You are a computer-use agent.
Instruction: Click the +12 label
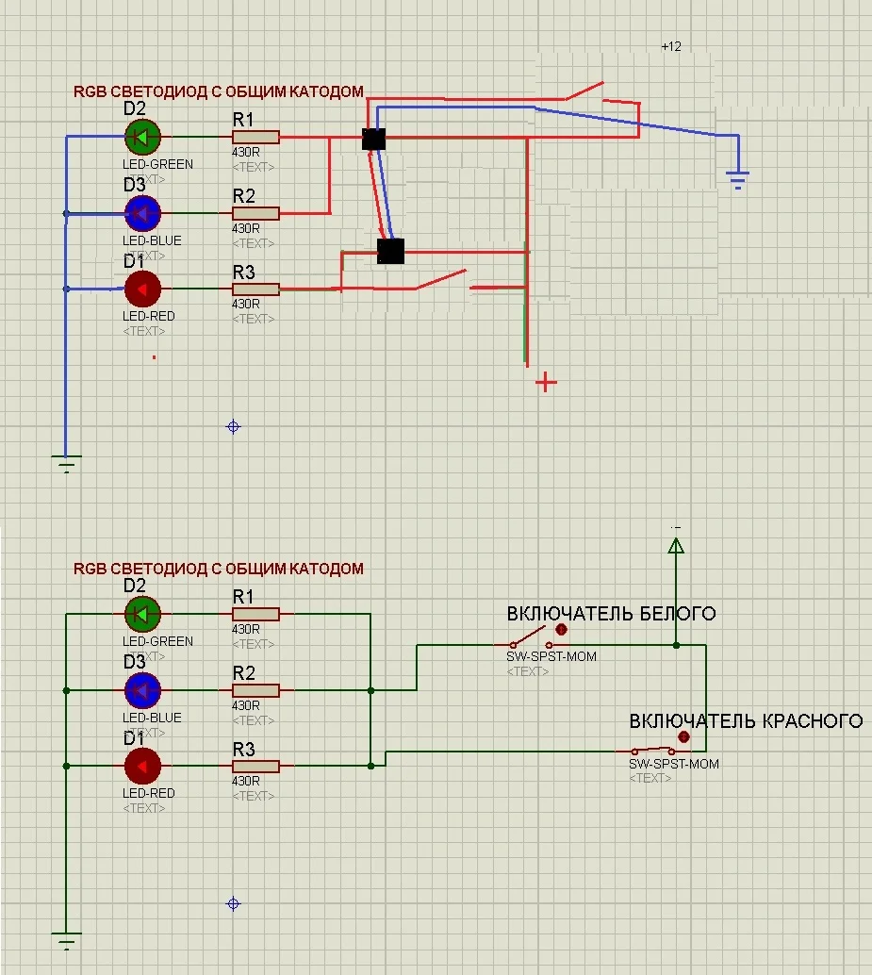pos(671,46)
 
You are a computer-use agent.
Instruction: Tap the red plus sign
pos(546,382)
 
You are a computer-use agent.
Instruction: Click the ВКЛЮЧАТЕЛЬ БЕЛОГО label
pos(611,614)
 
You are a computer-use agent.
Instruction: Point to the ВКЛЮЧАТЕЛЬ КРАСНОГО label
pos(746,721)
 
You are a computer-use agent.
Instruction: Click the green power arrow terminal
pos(676,546)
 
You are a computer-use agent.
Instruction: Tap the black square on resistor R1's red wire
pos(373,140)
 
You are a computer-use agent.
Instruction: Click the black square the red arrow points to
pos(390,251)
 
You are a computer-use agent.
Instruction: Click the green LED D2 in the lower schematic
pos(142,615)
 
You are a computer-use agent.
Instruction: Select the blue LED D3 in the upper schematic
pos(142,213)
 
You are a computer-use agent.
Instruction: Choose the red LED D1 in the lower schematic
pos(142,767)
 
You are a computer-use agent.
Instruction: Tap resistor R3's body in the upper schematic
pos(255,289)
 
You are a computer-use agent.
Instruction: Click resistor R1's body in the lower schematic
pos(255,615)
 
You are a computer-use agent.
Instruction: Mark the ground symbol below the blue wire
pos(66,463)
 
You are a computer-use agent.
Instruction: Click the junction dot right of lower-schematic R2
pos(371,690)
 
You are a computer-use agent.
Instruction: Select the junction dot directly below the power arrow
pos(676,645)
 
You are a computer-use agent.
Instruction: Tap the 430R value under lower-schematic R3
pos(246,782)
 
